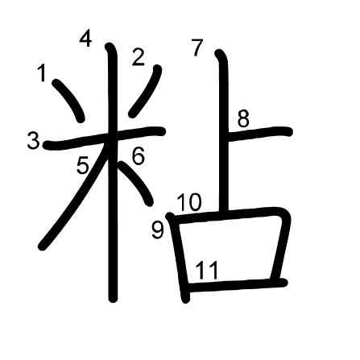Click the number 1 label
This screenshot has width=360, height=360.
pyautogui.click(x=42, y=72)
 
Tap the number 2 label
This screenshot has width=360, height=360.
pyautogui.click(x=139, y=57)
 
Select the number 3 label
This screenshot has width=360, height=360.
pyautogui.click(x=34, y=141)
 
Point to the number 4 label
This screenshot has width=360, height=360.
pyautogui.click(x=86, y=39)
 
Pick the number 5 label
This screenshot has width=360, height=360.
pyautogui.click(x=83, y=165)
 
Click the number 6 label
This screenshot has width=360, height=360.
pyautogui.click(x=139, y=155)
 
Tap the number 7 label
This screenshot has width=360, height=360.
pyautogui.click(x=197, y=48)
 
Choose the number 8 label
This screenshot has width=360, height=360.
pyautogui.click(x=243, y=118)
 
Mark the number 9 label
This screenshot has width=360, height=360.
pyautogui.click(x=158, y=230)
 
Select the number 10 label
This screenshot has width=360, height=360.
pyautogui.click(x=189, y=202)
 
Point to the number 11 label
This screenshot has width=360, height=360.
pyautogui.click(x=206, y=270)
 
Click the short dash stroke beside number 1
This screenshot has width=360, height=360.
pyautogui.click(x=68, y=100)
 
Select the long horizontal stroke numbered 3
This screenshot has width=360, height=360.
pyautogui.click(x=104, y=138)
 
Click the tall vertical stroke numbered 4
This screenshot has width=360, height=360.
pyautogui.click(x=112, y=172)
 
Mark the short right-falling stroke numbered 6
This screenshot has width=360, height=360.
pyautogui.click(x=135, y=183)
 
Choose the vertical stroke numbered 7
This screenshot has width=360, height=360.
pyautogui.click(x=224, y=131)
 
